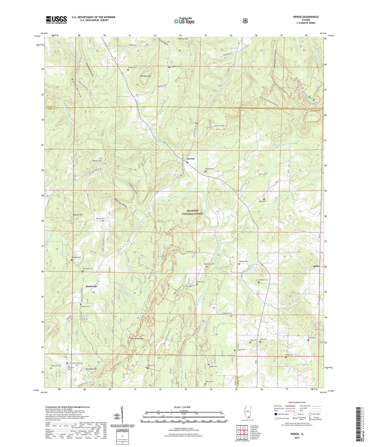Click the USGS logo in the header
(56, 19)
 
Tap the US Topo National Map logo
(184, 21)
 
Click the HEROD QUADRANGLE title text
(306, 17)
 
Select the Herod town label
(191, 158)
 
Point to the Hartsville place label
(91, 286)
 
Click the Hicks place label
(316, 266)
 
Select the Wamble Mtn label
(145, 76)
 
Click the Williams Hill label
(97, 161)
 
